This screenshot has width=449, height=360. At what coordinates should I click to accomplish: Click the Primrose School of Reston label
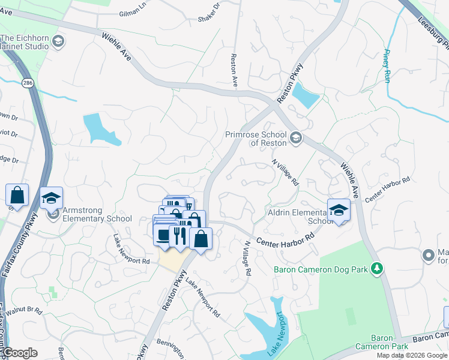258,139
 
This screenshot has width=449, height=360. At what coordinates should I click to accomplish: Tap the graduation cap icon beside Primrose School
296,139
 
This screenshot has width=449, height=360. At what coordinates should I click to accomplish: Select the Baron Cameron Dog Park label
321,269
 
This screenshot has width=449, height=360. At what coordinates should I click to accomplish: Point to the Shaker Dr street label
209,17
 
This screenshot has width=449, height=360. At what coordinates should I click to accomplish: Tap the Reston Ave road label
234,71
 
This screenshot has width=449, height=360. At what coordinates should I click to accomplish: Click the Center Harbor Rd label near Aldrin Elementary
286,241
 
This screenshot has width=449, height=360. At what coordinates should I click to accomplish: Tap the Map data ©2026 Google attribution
411,355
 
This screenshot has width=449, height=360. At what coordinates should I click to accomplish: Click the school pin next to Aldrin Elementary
339,211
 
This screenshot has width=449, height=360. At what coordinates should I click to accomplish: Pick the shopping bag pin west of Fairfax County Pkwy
17,195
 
